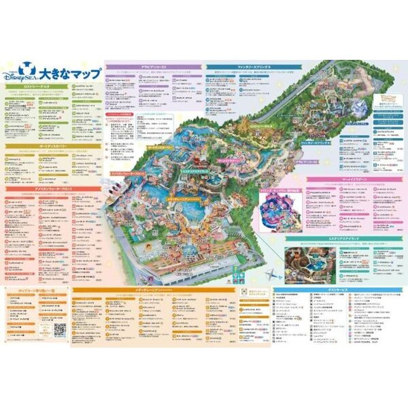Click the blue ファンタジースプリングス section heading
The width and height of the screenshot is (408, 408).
tap(255, 68)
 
